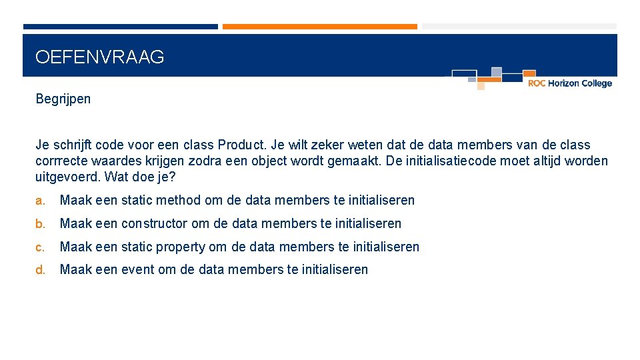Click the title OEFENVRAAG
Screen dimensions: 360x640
click(99, 57)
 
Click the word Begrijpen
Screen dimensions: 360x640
click(63, 99)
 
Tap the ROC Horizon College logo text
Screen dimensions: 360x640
click(569, 83)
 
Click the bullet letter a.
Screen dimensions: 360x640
click(40, 200)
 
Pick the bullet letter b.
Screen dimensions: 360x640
click(40, 223)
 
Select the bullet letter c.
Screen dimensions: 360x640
click(40, 247)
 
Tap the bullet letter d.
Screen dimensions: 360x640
click(40, 270)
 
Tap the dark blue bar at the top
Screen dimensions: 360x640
click(120, 27)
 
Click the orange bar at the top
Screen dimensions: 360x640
click(319, 27)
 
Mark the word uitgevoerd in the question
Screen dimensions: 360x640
click(65, 177)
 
